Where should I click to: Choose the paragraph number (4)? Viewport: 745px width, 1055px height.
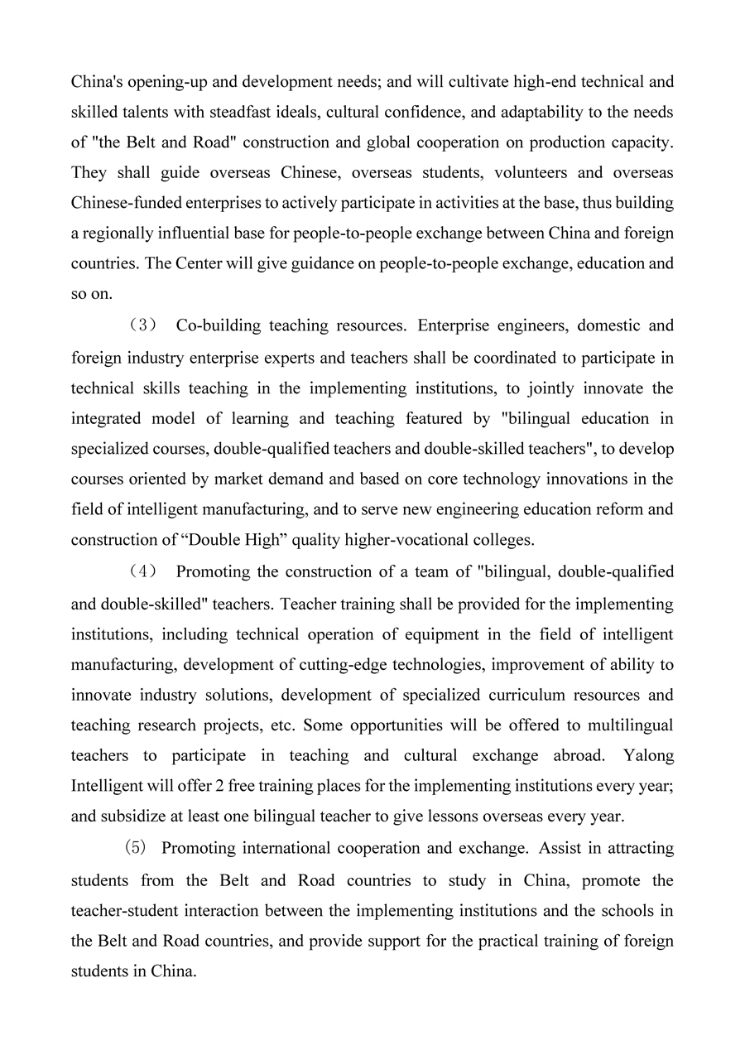point(142,572)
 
